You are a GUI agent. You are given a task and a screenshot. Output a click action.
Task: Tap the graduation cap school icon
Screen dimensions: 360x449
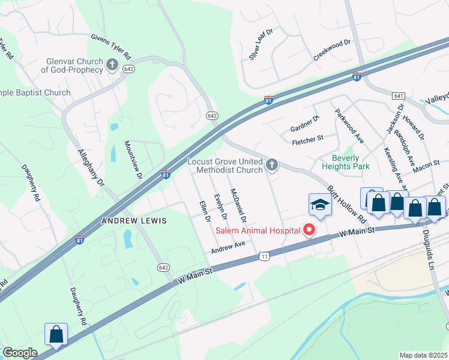(320, 205)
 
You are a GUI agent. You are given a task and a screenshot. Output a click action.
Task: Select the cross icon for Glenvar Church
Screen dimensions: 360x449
(112, 64)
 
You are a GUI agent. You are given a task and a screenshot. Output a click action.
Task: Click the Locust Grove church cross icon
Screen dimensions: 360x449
(272, 164)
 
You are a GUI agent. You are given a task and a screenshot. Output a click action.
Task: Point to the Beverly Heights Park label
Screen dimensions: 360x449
(346, 162)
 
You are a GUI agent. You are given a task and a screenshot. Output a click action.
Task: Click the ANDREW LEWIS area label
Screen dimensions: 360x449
(133, 221)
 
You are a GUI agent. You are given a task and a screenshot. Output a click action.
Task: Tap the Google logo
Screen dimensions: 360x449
(20, 353)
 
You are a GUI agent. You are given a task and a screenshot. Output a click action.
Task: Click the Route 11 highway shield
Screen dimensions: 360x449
(264, 256)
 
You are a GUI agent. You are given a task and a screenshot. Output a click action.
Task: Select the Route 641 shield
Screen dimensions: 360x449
(399, 96)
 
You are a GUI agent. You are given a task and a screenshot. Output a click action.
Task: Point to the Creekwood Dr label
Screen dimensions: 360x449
(331, 51)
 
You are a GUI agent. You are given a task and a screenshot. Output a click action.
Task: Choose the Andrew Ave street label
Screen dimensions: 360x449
(228, 245)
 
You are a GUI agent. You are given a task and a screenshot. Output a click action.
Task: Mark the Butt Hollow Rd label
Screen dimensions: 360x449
(346, 202)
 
